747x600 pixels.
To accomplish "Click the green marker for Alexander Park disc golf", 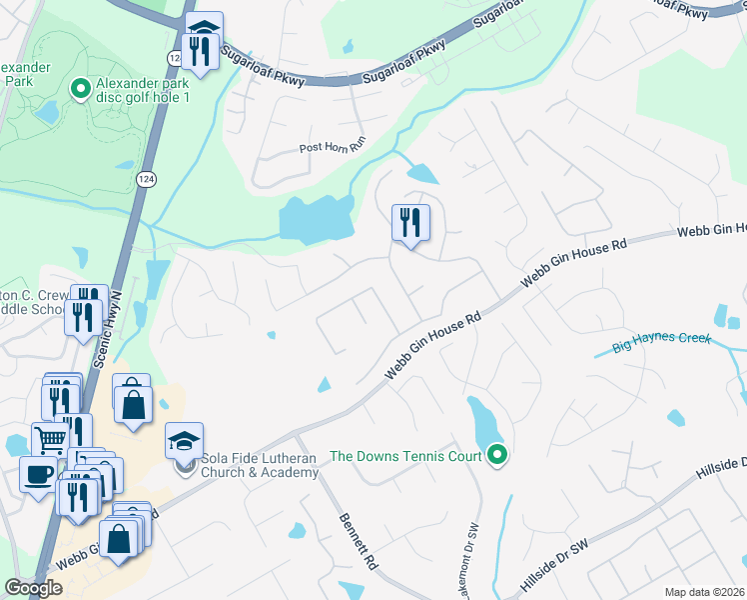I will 80,90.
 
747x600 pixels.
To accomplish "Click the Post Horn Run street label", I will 333,148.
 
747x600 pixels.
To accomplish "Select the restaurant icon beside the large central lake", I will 410,223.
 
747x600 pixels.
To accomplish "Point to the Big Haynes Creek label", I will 660,341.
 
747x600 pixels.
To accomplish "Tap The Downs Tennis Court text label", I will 405,456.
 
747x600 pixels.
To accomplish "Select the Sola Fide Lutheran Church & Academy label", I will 260,465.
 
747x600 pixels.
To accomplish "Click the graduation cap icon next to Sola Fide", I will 184,441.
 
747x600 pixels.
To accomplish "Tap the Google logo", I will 34,588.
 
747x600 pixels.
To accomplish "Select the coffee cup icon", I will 38,473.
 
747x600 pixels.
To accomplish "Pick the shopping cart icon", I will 49,438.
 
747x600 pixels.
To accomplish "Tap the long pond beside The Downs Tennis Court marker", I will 482,425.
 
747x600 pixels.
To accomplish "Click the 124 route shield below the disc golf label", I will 145,179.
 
